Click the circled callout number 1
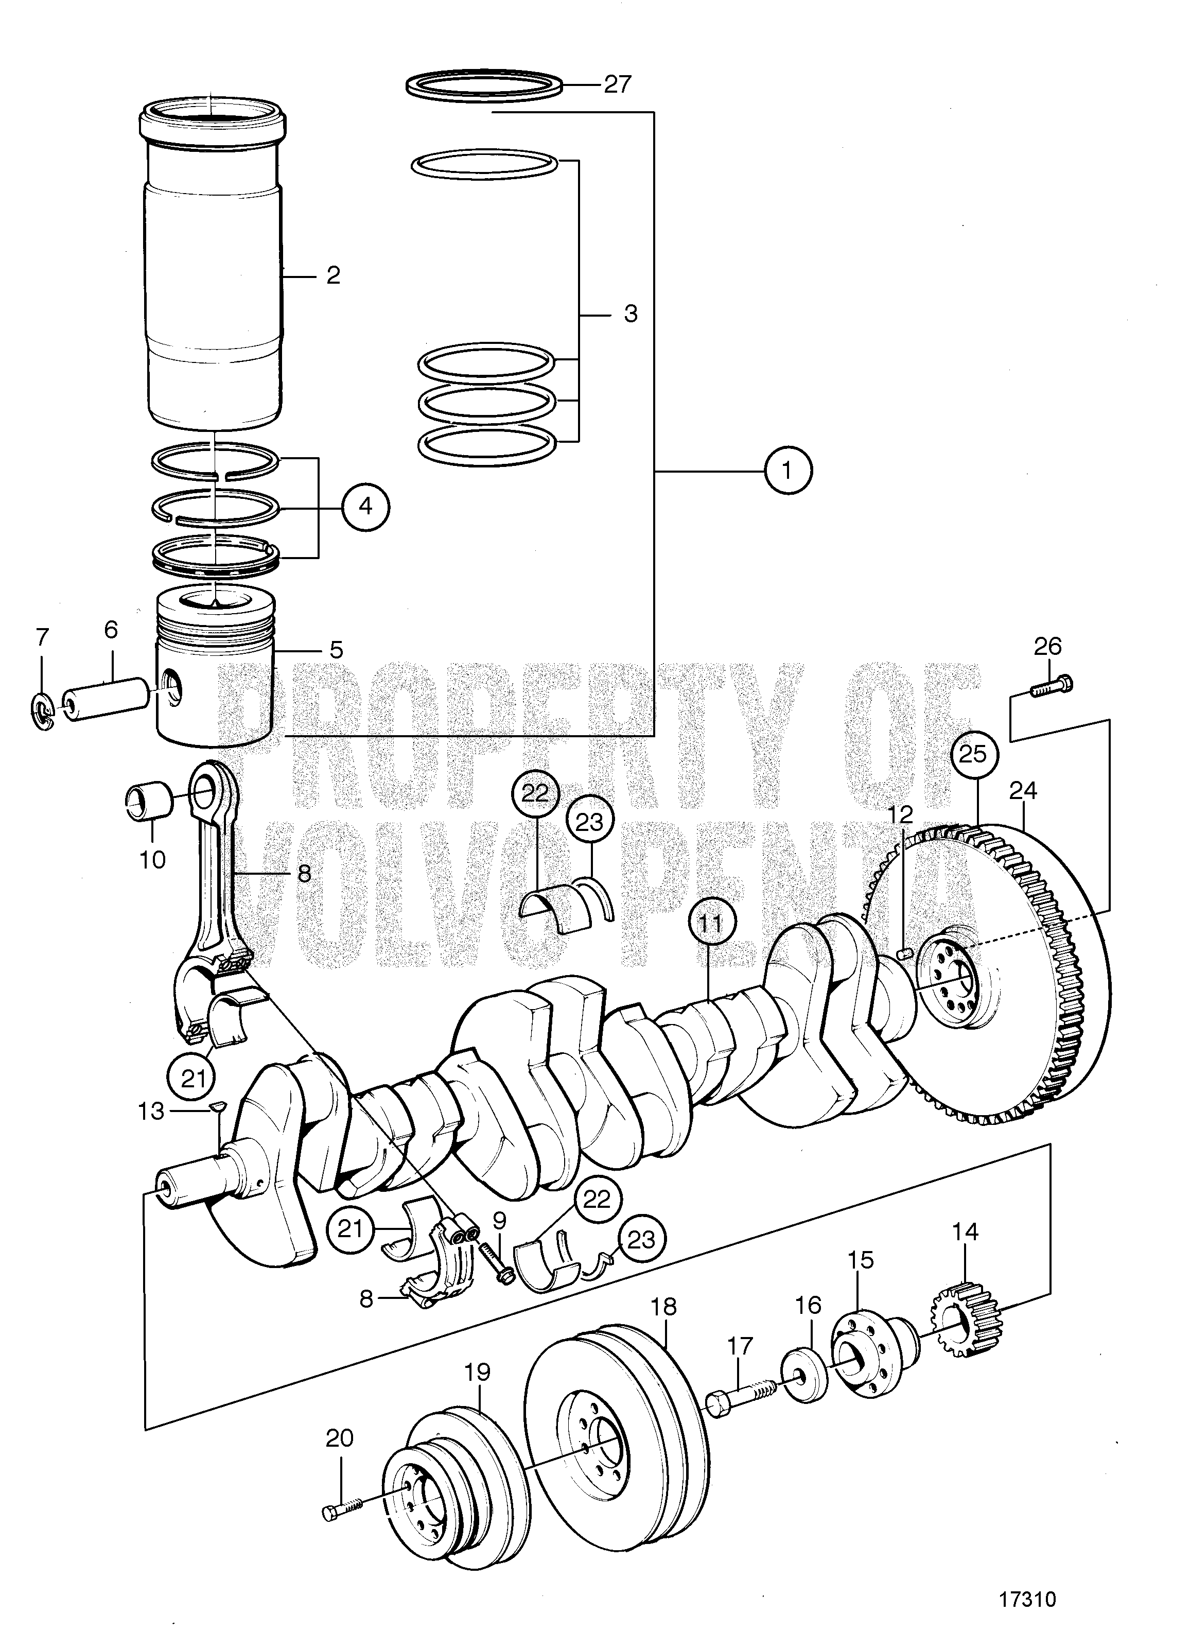(x=788, y=471)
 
